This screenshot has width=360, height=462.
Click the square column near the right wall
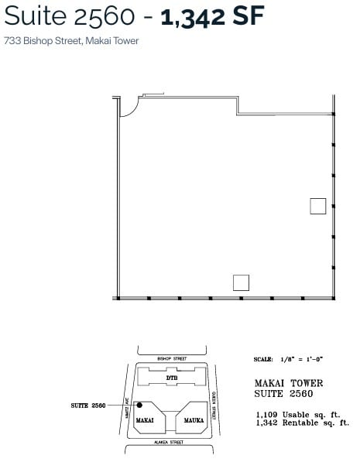[x=317, y=206]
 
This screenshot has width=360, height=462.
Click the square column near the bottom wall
[x=241, y=282]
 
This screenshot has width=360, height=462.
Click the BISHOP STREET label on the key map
[x=172, y=359]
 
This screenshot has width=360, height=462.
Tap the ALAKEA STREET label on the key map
[x=170, y=443]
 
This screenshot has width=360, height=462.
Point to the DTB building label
[x=172, y=378]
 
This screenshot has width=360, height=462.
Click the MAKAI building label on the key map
[x=146, y=419]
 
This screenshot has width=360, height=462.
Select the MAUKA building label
[x=191, y=419]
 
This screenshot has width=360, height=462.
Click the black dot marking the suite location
[x=139, y=405]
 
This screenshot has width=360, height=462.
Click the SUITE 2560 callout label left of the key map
[x=87, y=405]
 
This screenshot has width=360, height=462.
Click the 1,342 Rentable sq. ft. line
[x=302, y=423]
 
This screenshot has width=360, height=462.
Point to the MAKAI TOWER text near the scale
[x=289, y=383]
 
